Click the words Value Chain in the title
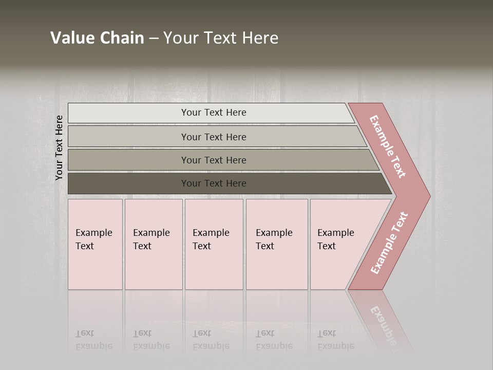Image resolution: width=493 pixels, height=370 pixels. (x=97, y=38)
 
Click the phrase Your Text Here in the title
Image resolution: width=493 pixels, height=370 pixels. (x=221, y=38)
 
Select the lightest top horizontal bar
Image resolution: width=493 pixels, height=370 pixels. (x=128, y=113)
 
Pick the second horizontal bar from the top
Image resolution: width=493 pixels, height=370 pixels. (x=128, y=137)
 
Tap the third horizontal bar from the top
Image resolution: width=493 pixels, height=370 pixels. (x=128, y=160)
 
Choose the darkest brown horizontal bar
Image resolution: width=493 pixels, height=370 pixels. (x=128, y=183)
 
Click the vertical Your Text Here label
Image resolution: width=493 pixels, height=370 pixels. (x=59, y=147)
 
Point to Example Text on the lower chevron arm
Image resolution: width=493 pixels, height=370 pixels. (x=389, y=243)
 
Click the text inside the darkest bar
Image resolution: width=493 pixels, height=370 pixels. (x=214, y=183)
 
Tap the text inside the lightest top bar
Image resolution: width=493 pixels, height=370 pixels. (x=214, y=113)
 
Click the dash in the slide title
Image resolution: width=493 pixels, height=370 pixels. (x=154, y=39)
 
